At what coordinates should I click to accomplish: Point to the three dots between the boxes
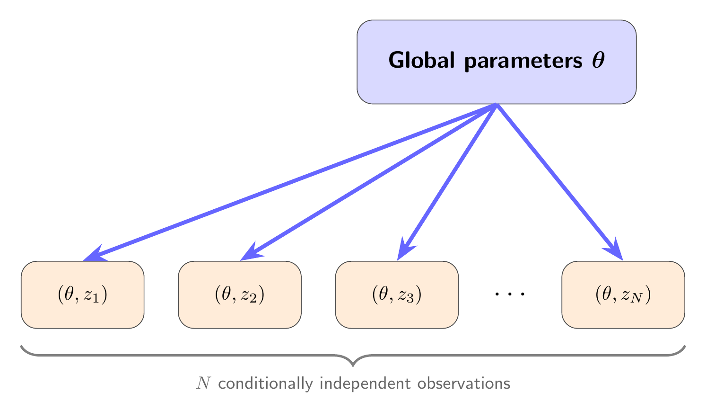coord(510,294)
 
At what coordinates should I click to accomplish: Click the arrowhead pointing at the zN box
coord(615,250)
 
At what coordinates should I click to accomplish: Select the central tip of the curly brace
coord(353,365)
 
